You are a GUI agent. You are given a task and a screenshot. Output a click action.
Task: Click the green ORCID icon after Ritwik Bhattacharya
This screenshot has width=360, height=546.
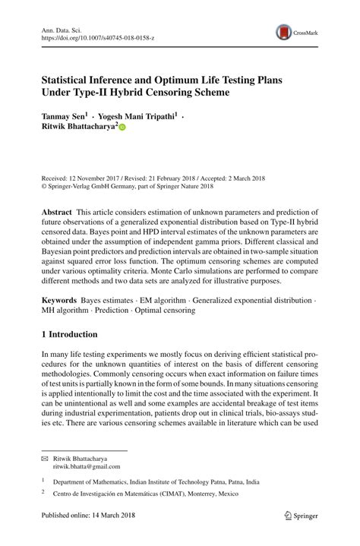(122, 128)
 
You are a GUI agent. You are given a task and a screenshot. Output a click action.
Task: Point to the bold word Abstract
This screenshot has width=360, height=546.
(57, 211)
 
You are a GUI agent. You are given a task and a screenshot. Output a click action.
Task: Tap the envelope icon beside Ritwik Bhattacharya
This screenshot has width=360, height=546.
(43, 459)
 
